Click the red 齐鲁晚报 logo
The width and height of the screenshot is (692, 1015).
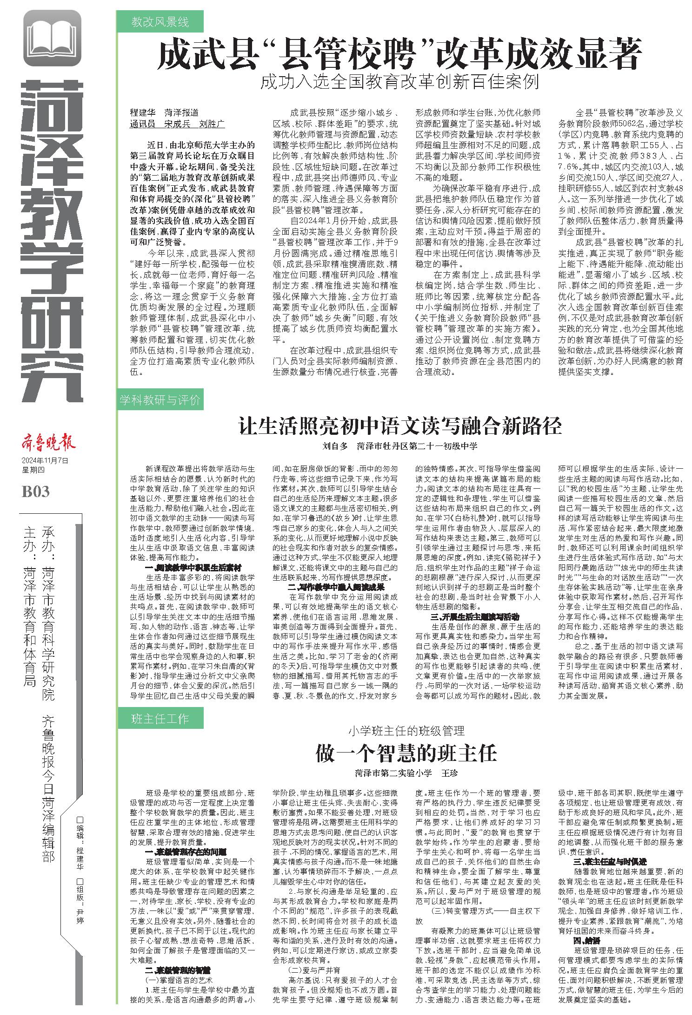click(x=48, y=444)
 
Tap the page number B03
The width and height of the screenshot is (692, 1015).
click(x=35, y=491)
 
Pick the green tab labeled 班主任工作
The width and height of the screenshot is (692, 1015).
click(x=160, y=719)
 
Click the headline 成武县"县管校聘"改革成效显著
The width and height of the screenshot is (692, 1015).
click(x=399, y=54)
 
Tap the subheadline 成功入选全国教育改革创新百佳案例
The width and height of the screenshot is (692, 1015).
click(x=399, y=83)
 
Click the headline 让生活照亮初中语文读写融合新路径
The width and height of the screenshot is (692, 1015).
click(x=399, y=426)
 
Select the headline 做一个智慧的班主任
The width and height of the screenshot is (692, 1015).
click(x=406, y=753)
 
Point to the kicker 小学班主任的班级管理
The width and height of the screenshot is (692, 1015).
click(x=406, y=731)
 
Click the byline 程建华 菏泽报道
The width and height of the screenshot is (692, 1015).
click(x=164, y=113)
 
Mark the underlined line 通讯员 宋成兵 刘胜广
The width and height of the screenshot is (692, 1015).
click(x=177, y=124)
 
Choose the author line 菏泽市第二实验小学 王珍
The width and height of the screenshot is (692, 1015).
click(x=406, y=774)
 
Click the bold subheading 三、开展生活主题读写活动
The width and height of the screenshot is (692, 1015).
click(x=474, y=617)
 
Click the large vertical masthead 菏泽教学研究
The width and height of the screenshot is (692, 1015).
click(x=52, y=242)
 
